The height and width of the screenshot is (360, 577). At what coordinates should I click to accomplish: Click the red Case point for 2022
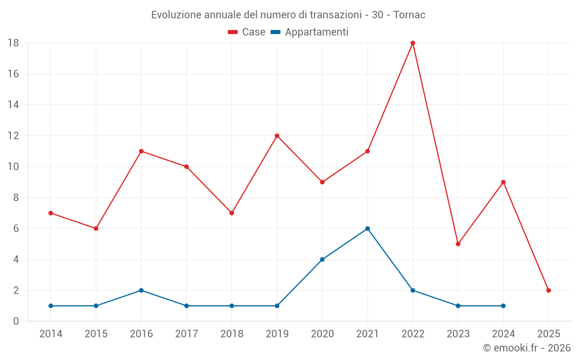[x=413, y=43]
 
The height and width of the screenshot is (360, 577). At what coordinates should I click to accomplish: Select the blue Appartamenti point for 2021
[x=368, y=229]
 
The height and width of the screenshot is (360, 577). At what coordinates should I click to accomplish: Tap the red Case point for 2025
[x=549, y=290]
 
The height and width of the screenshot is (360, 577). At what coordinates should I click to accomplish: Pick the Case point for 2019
[x=277, y=136]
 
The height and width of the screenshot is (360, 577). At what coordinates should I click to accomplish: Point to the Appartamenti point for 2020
[x=322, y=259]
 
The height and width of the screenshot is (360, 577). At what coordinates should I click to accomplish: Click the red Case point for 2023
[x=458, y=244]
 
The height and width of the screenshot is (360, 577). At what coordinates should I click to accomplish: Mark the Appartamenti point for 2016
[x=141, y=290]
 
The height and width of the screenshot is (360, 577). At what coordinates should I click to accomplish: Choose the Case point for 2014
[x=51, y=213]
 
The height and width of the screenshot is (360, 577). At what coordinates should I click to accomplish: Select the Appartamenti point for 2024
[x=503, y=306]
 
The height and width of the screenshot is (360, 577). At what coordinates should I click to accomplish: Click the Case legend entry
[x=247, y=32]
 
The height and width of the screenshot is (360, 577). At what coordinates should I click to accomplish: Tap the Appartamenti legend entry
[x=310, y=32]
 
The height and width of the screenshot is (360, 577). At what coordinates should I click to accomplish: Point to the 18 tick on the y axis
[x=13, y=43]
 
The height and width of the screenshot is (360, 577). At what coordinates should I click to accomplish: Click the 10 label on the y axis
[x=13, y=167]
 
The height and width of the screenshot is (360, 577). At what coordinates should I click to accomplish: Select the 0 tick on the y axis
[x=16, y=321]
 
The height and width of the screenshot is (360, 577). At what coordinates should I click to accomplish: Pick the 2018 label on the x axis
[x=232, y=334]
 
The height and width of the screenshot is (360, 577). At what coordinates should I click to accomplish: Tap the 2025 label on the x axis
[x=549, y=334]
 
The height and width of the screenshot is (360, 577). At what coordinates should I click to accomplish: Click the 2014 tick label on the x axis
[x=51, y=334]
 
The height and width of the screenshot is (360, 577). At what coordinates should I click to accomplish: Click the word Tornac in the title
[x=409, y=15]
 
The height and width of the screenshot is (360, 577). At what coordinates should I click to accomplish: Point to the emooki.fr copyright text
[x=526, y=348]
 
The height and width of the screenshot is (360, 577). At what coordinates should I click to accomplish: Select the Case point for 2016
[x=141, y=151]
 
